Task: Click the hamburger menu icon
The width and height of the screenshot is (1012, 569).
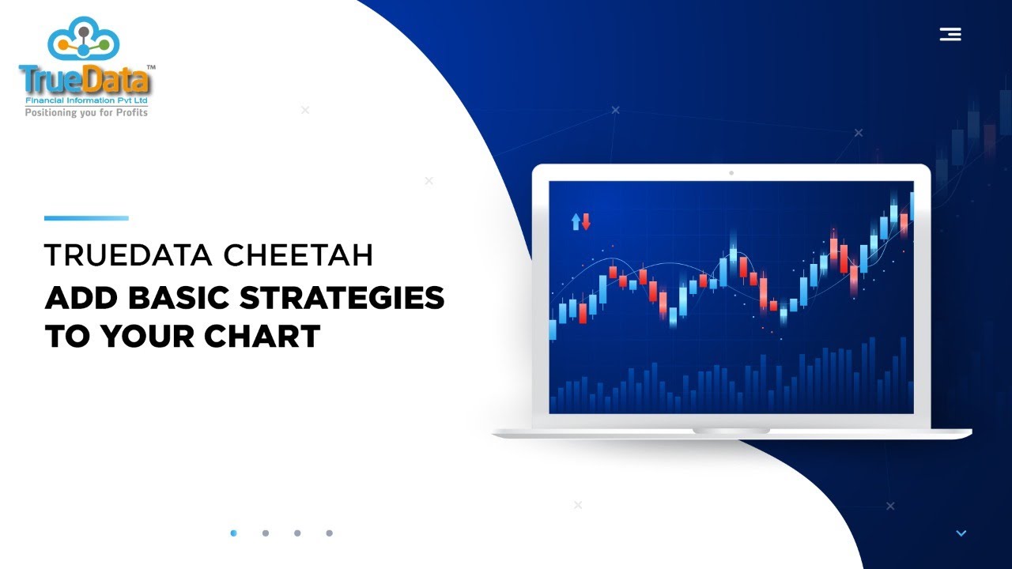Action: pos(950,34)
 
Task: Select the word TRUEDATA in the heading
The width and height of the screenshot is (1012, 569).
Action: pos(129,256)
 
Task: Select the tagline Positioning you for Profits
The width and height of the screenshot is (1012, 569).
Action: pos(86,112)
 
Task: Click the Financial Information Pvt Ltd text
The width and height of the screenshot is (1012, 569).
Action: pos(86,101)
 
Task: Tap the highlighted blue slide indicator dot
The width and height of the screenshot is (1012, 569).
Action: pos(233,533)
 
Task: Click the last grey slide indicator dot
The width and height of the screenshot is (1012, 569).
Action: pos(329,533)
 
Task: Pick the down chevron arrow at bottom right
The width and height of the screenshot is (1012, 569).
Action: pos(961,533)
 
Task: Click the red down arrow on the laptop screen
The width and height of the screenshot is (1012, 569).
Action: pos(586,221)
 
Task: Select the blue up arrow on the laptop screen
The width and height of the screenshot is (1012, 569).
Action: pos(576,221)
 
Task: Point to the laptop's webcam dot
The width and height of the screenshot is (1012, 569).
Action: pos(731,172)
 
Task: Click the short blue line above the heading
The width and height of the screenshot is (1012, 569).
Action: pos(86,218)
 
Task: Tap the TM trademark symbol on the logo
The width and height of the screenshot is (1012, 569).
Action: pos(151,68)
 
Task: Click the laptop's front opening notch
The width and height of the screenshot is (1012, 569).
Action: pos(731,431)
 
